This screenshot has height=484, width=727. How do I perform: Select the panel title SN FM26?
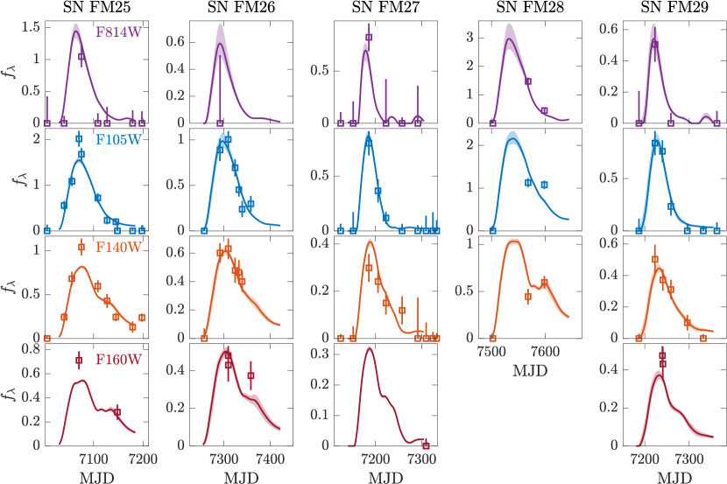tap(239, 8)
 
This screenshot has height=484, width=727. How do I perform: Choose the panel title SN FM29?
tap(673, 8)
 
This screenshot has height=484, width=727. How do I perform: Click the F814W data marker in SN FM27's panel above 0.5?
tap(369, 38)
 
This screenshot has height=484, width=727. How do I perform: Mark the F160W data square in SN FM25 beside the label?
tap(79, 360)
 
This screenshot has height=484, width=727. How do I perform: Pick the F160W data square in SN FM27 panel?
tap(426, 445)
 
